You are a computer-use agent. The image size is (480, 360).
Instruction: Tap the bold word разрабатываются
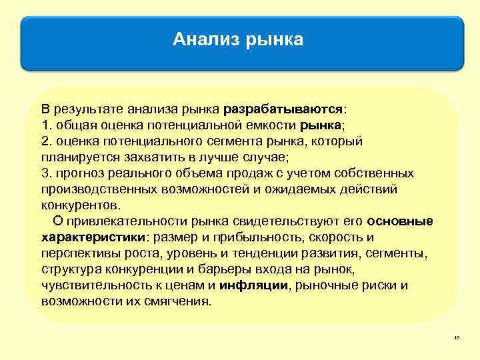(x=283, y=109)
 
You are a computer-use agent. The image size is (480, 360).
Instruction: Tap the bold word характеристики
(x=93, y=237)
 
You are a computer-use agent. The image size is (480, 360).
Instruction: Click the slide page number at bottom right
(x=457, y=339)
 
